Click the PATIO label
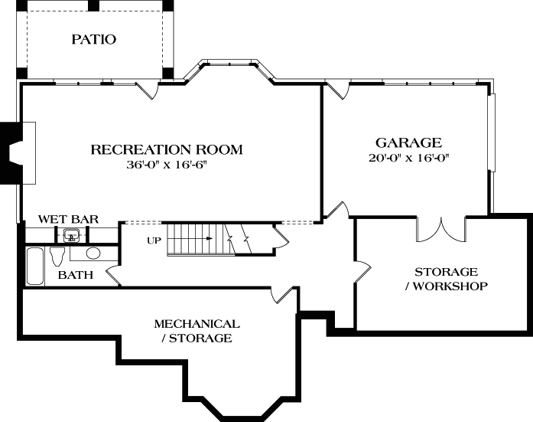pyautogui.click(x=94, y=39)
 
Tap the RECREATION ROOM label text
pyautogui.click(x=167, y=149)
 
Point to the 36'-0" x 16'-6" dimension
pyautogui.click(x=167, y=165)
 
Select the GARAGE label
pyautogui.click(x=408, y=142)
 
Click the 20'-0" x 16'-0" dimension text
pyautogui.click(x=408, y=158)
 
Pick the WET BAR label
pyautogui.click(x=68, y=219)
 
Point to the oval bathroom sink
pyautogui.click(x=93, y=254)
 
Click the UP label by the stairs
pyautogui.click(x=154, y=240)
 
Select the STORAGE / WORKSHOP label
pyautogui.click(x=446, y=279)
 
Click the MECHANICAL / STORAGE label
pyautogui.click(x=197, y=330)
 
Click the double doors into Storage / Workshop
pyautogui.click(x=443, y=227)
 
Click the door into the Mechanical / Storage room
pyautogui.click(x=283, y=293)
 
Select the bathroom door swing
pyautogui.click(x=112, y=274)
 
